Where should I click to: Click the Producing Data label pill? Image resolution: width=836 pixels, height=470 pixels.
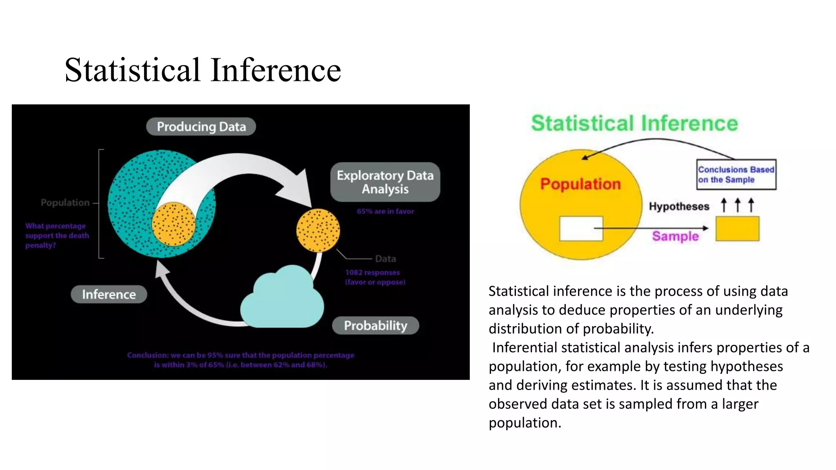[x=201, y=126]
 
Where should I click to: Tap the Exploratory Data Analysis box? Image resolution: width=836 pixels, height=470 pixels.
[x=385, y=182]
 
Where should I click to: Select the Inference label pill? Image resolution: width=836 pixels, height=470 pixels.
[x=109, y=294]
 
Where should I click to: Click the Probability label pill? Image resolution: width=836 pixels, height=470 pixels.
[x=376, y=326]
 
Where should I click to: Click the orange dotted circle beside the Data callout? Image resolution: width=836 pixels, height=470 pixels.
[x=318, y=231]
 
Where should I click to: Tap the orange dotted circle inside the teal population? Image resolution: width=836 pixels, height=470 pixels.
[x=173, y=224]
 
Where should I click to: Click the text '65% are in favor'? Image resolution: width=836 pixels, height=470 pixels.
[x=385, y=211]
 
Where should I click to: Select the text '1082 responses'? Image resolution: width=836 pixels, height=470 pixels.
[x=372, y=273]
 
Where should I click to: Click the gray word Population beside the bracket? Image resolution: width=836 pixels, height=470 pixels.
[x=65, y=203]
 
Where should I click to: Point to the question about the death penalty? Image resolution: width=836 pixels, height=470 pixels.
[x=57, y=235]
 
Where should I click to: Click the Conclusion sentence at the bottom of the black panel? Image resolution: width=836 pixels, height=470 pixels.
[x=240, y=360]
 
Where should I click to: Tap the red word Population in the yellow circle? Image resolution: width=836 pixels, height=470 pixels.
[x=580, y=184]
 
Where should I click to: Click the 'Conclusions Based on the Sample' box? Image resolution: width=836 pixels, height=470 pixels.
[x=736, y=175]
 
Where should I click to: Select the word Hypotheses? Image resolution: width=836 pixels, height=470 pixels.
[x=679, y=206]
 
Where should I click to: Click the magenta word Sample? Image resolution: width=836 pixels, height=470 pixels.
[x=675, y=236]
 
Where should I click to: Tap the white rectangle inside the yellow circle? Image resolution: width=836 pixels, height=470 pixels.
[x=580, y=229]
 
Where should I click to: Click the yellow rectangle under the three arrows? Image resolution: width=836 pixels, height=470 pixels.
[x=737, y=229]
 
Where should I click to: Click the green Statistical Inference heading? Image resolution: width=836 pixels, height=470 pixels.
[x=634, y=123]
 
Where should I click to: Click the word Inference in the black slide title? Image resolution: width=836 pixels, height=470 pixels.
[x=276, y=70]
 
